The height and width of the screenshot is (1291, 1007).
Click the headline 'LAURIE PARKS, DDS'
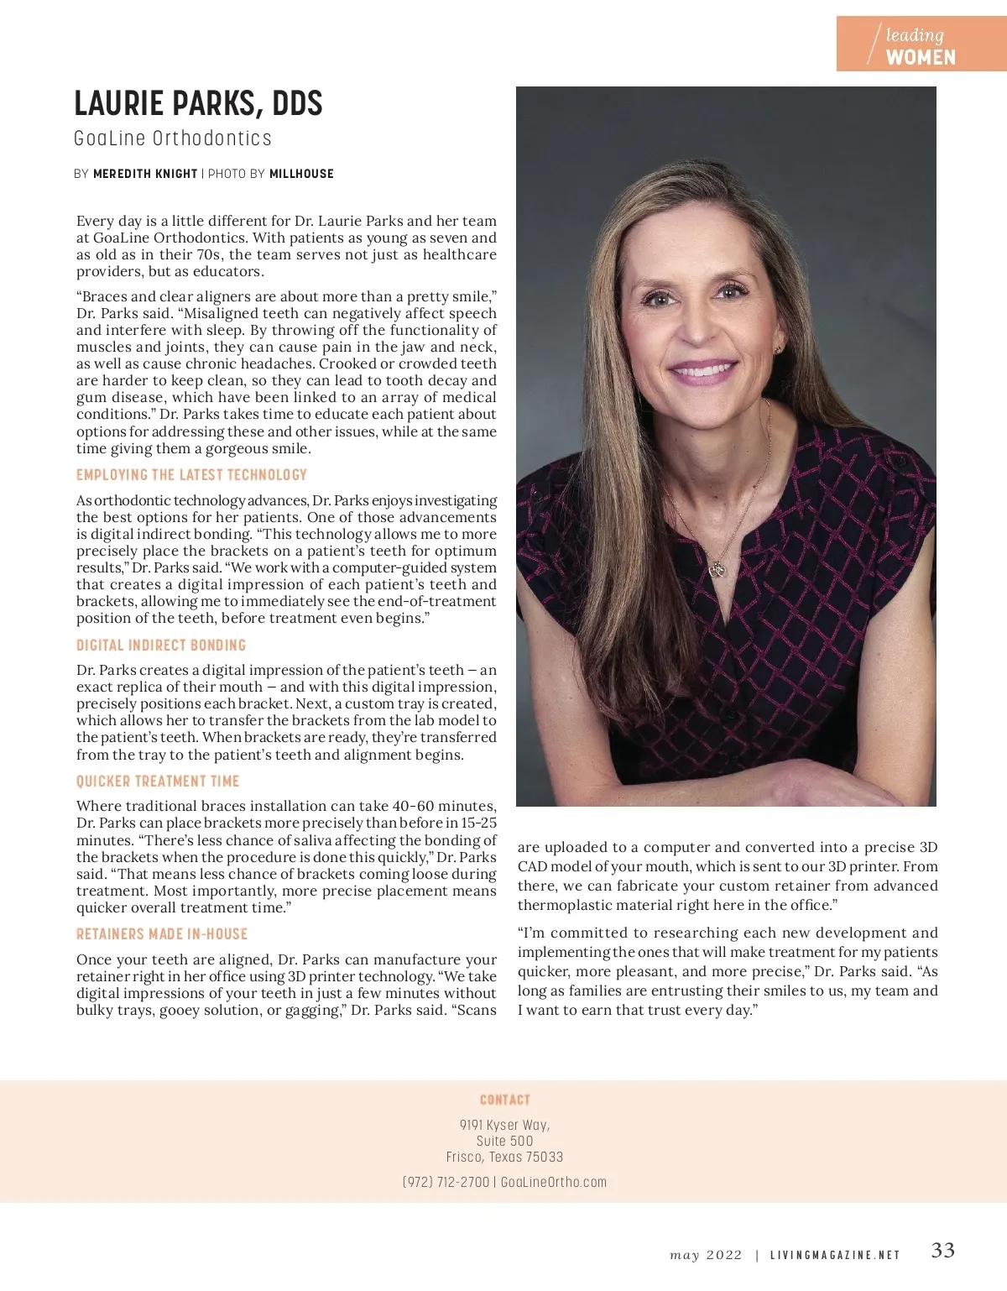198,104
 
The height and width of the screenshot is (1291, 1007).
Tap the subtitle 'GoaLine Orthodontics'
173,139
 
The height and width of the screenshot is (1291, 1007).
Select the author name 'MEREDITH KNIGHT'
145,174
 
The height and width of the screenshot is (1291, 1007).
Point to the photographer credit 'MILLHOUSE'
301,174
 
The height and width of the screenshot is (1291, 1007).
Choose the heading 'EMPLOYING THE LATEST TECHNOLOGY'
191,475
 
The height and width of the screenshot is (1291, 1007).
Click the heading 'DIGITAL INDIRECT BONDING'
161,645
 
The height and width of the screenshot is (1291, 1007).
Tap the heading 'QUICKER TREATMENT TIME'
158,781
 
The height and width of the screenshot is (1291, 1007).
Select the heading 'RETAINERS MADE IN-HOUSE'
162,934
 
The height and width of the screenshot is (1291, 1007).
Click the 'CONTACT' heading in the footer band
504,1100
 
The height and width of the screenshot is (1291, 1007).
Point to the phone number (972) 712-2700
446,1182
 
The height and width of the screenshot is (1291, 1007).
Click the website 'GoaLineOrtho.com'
554,1182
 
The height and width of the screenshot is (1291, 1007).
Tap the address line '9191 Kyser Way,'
504,1125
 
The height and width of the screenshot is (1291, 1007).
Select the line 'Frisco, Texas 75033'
504,1157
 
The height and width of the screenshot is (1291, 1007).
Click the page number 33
942,1251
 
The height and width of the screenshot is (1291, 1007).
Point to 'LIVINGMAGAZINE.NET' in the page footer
835,1256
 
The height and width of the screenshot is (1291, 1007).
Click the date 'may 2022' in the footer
706,1256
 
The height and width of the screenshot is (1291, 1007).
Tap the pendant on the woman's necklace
716,569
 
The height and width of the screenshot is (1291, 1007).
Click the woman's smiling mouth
703,370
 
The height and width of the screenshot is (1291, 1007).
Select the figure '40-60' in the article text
413,806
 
